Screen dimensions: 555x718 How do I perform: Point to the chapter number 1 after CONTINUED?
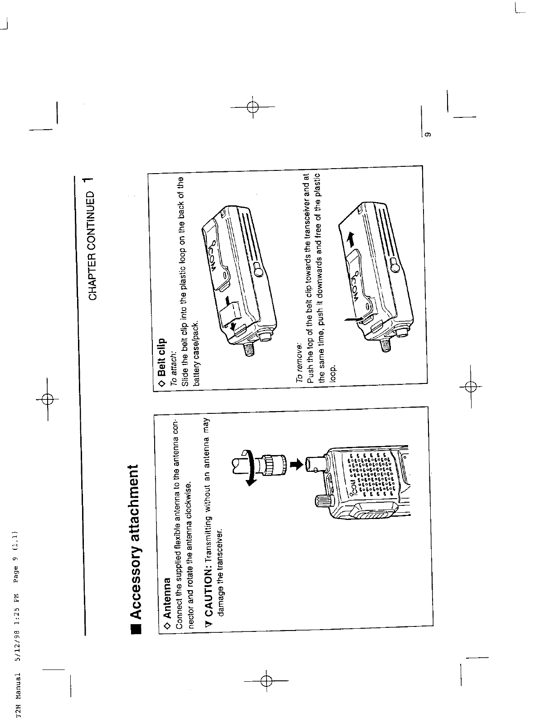click(x=93, y=178)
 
